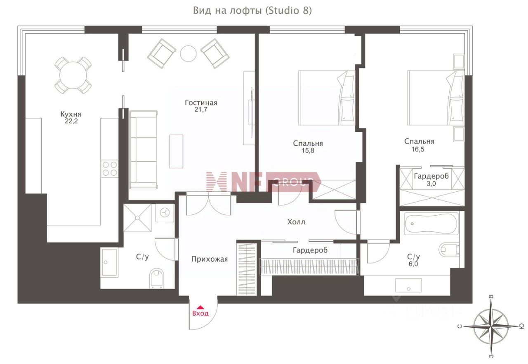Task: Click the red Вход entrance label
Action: tap(200, 313)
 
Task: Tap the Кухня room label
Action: tap(71, 114)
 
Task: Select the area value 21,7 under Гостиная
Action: tap(201, 109)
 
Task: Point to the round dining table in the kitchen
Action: tap(73, 76)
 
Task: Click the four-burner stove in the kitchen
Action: tap(110, 169)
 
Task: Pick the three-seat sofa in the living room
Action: tap(143, 150)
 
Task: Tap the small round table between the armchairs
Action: tap(189, 54)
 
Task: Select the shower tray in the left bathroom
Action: tap(137, 218)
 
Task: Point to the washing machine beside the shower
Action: tap(165, 213)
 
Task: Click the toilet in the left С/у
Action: tap(157, 278)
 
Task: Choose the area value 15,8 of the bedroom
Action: tap(308, 151)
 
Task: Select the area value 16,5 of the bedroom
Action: tap(418, 149)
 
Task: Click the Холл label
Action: tap(296, 222)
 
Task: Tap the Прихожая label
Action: tap(210, 259)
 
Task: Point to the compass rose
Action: tap(490, 326)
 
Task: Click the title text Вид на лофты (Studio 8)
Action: tap(252, 11)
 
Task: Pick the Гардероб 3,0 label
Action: tap(431, 180)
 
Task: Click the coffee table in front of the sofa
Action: tap(176, 151)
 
